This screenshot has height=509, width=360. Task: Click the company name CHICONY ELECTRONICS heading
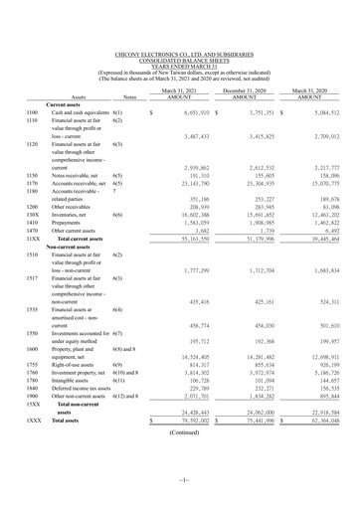click(x=179, y=54)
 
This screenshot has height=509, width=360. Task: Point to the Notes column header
click(x=126, y=97)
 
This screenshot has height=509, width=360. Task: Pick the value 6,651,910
click(x=187, y=113)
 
